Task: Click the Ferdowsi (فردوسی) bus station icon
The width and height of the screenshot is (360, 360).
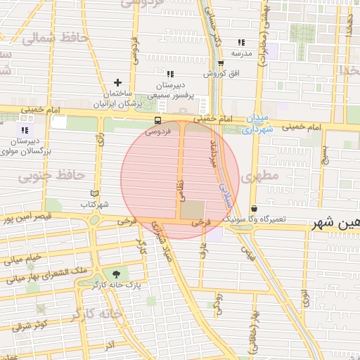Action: click(157, 120)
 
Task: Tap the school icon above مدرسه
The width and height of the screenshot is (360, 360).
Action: click(242, 42)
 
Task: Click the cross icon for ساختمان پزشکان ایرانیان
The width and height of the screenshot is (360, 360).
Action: click(117, 83)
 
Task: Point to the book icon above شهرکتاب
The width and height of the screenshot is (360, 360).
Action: click(95, 193)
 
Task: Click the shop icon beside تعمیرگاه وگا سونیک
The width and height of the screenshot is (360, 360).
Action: click(254, 209)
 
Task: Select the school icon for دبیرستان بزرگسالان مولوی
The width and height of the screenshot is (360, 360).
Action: click(25, 130)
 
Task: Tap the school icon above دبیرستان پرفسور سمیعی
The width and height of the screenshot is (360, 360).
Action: click(169, 74)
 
